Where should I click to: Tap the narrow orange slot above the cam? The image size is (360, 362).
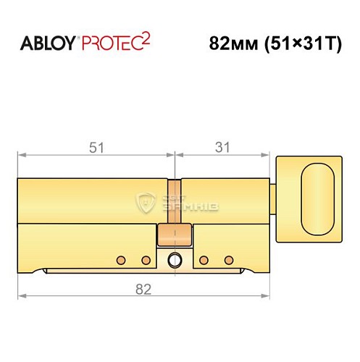(x=175, y=199)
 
